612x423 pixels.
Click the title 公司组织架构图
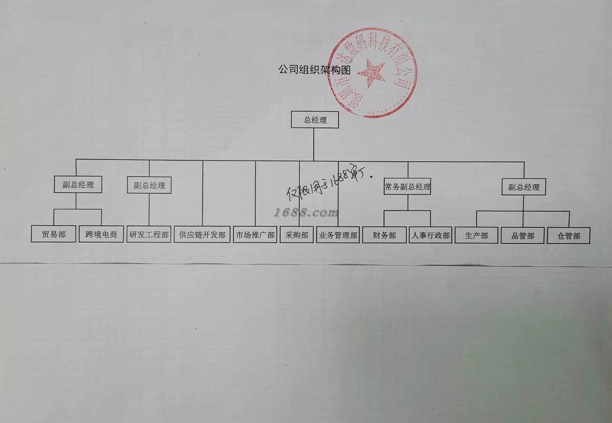tap(315, 70)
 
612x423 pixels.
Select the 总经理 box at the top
tap(315, 120)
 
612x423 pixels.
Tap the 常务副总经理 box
tap(407, 187)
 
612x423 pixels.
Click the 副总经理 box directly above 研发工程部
tap(149, 185)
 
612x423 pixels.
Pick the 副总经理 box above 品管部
tap(524, 187)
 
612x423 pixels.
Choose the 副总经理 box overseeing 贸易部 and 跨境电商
tap(78, 185)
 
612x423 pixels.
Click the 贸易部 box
tap(54, 235)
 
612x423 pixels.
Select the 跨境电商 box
tap(101, 235)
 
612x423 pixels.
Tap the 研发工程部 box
tap(149, 235)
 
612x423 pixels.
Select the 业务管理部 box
tap(338, 235)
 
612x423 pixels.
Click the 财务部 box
tap(385, 235)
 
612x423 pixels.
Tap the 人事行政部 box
tap(430, 235)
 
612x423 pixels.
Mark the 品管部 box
tap(523, 236)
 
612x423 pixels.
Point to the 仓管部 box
tap(568, 236)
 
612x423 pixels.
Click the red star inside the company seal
tap(371, 72)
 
